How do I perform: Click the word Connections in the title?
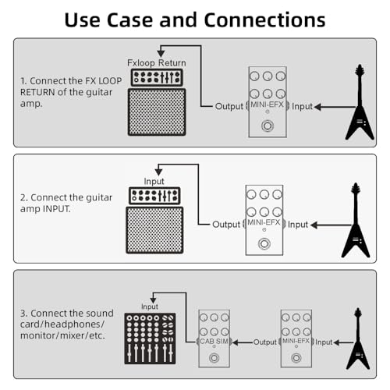[264, 19]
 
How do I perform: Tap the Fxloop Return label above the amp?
[157, 63]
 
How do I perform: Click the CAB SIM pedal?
[214, 339]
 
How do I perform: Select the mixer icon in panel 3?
[150, 339]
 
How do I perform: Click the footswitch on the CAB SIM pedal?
[214, 358]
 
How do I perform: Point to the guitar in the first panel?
[360, 102]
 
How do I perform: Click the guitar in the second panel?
[356, 220]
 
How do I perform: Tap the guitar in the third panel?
[358, 339]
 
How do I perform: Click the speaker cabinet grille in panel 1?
[157, 112]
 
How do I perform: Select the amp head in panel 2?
[154, 196]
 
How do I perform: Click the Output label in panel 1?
[229, 106]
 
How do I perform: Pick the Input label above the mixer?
[150, 307]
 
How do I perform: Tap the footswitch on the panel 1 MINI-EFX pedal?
[268, 126]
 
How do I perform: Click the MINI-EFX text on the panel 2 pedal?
[264, 222]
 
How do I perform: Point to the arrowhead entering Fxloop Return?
[161, 54]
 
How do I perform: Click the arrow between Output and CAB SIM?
[243, 342]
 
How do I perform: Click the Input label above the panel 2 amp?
[154, 182]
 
